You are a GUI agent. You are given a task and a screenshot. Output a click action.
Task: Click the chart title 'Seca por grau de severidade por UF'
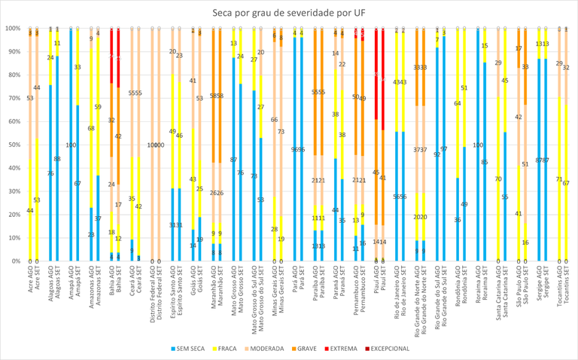click(x=289, y=13)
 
